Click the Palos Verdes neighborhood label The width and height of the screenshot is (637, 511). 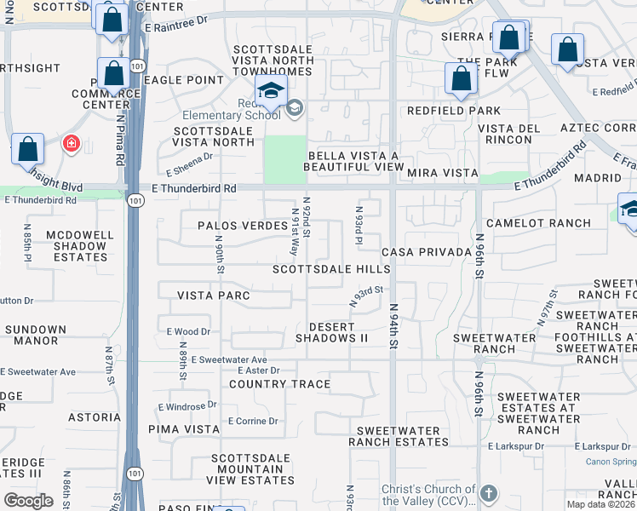pos(242,226)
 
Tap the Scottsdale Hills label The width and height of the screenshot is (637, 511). pos(331,269)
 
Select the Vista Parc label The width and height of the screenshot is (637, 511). pos(213,296)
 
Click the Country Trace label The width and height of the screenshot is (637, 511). pos(280,384)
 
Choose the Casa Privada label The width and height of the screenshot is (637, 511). pos(427,252)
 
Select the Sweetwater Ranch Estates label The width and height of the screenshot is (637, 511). pos(403,437)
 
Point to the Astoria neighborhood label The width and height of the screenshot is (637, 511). pos(95,417)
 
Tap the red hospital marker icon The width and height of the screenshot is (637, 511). pos(71,143)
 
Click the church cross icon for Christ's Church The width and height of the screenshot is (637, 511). pos(489,493)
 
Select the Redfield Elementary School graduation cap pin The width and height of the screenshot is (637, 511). pos(272,91)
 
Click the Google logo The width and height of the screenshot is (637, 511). pos(28,501)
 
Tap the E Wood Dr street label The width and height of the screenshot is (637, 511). pos(188,331)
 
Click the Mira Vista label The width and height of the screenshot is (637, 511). pos(442,173)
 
